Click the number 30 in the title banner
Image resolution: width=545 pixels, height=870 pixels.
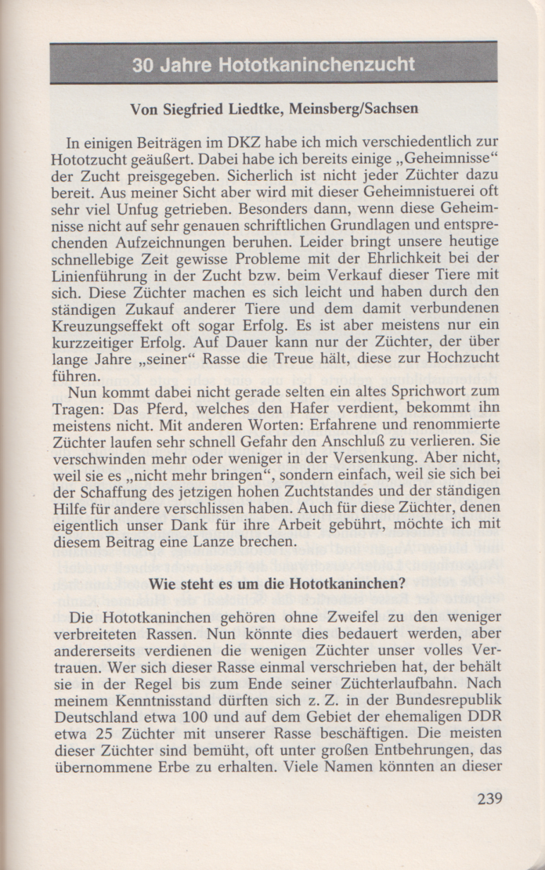tap(143, 65)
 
